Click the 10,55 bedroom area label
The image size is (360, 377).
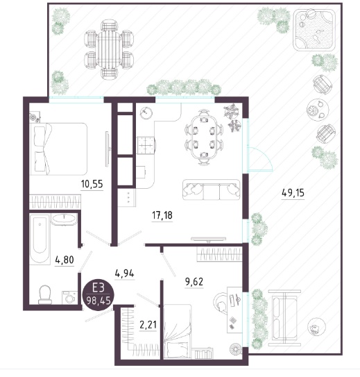[92, 184]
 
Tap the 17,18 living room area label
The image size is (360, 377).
[162, 215]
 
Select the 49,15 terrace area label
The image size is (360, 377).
[293, 193]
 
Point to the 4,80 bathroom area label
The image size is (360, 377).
[65, 260]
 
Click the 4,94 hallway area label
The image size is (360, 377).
[124, 274]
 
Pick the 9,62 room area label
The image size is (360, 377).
[194, 282]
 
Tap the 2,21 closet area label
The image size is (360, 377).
[148, 325]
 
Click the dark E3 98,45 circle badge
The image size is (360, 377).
[98, 295]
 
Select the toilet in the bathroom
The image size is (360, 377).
[45, 294]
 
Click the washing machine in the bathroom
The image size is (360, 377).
[69, 298]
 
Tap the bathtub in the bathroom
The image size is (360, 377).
[40, 240]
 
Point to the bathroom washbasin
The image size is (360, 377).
[64, 220]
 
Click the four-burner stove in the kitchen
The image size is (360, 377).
[146, 145]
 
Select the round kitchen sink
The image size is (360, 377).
[146, 112]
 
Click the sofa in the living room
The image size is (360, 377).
[211, 190]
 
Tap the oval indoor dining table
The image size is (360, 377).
[204, 137]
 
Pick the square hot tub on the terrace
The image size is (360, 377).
[314, 30]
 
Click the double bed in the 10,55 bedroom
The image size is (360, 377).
[58, 149]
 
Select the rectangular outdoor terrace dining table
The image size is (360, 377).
[109, 49]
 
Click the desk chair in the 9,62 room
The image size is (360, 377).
[220, 303]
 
